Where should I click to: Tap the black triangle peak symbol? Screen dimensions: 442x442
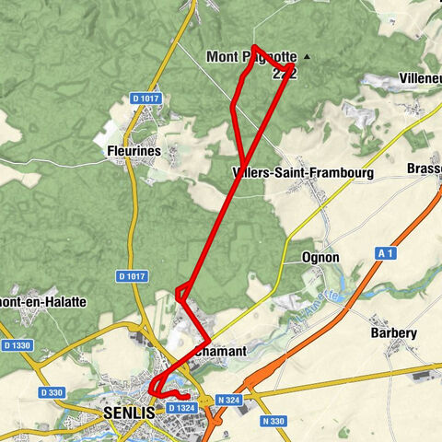pyautogui.click(x=307, y=57)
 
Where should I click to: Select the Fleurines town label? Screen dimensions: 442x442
pyautogui.click(x=127, y=149)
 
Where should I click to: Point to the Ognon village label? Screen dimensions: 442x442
pyautogui.click(x=320, y=258)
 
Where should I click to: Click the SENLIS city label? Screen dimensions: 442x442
pyautogui.click(x=129, y=413)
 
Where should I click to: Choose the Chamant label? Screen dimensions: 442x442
pyautogui.click(x=220, y=353)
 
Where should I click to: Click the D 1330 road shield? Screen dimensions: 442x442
pyautogui.click(x=18, y=345)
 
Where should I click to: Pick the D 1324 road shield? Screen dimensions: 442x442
pyautogui.click(x=181, y=407)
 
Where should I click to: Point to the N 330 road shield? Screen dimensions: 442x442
pyautogui.click(x=273, y=420)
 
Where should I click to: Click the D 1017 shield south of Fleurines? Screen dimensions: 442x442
pyautogui.click(x=132, y=275)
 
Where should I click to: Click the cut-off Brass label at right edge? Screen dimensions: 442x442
pyautogui.click(x=425, y=169)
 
